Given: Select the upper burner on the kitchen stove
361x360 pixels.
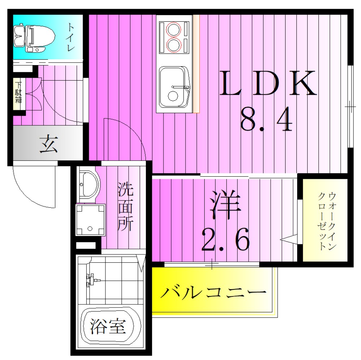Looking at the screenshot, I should pyautogui.click(x=173, y=29).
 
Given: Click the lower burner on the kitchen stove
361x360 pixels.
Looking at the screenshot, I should pyautogui.click(x=173, y=45).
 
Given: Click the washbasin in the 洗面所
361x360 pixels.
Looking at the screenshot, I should pyautogui.click(x=88, y=184).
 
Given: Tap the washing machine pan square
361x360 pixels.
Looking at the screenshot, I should pyautogui.click(x=90, y=219).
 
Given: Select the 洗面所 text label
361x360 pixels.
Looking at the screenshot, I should pyautogui.click(x=126, y=207).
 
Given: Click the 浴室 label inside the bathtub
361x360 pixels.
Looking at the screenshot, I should pyautogui.click(x=107, y=327).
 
